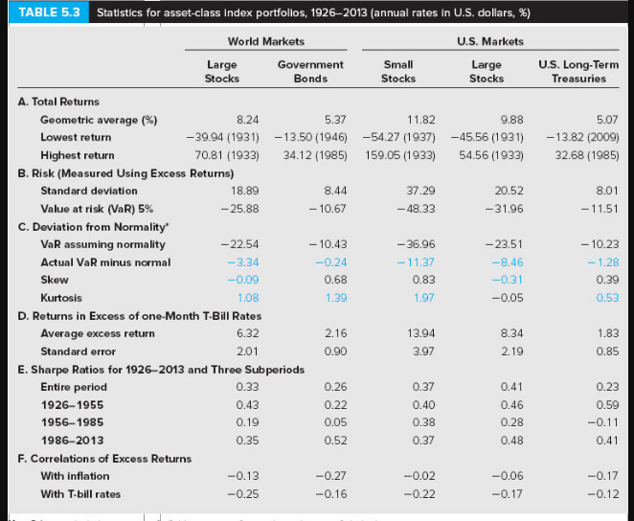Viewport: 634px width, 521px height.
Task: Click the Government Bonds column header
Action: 309,71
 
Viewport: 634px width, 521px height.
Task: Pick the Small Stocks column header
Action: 398,71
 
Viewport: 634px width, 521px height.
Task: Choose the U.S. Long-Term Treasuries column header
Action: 572,71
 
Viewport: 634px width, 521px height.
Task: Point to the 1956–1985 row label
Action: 67,422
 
